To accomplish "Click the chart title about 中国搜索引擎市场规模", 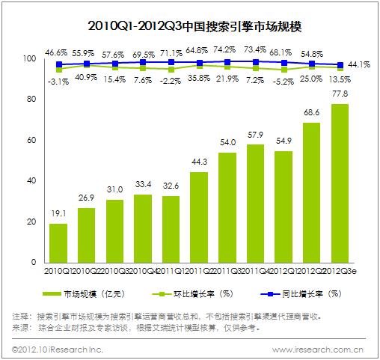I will click(x=189, y=28).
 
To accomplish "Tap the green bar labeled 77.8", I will click(x=339, y=183).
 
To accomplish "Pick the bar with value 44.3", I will click(x=198, y=218).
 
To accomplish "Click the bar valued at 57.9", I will click(x=255, y=204).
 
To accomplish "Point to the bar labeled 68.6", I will click(x=311, y=192).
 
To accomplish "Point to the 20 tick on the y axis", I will click(x=31, y=222).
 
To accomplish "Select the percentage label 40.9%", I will click(x=85, y=78).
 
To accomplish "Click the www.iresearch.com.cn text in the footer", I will click(x=317, y=349).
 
